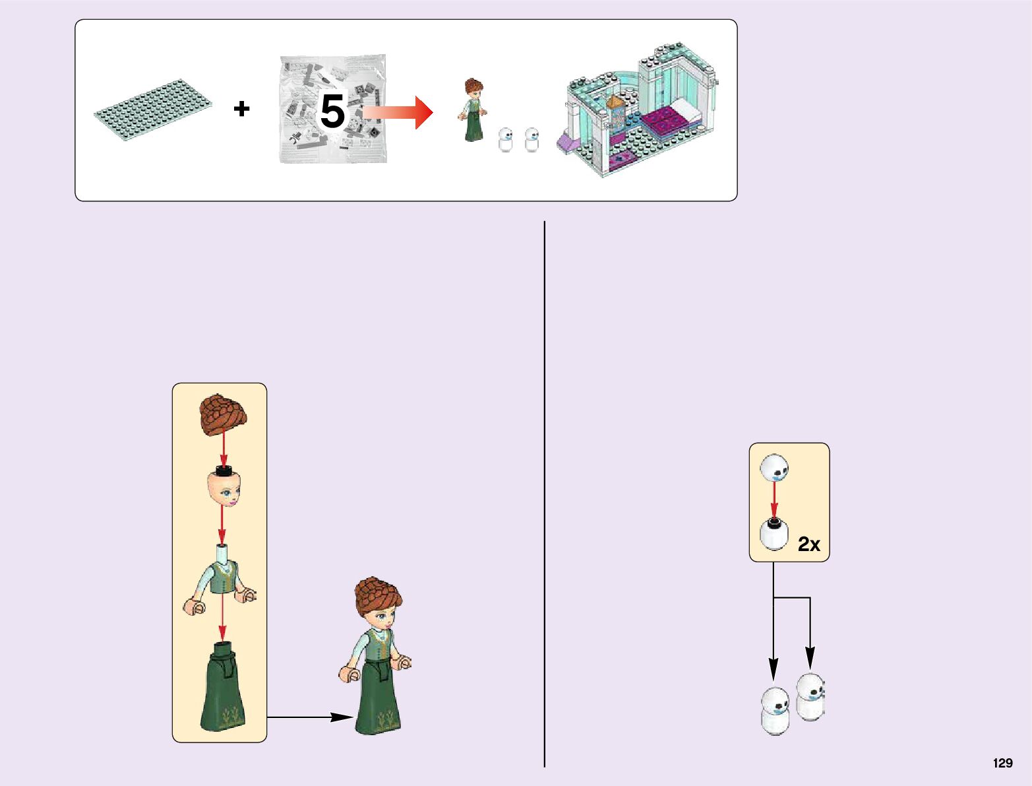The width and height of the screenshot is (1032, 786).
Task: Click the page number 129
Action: [1002, 763]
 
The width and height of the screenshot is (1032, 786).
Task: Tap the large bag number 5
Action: [332, 111]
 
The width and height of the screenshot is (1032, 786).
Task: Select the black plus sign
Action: [241, 108]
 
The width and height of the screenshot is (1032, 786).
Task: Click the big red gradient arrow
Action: [399, 112]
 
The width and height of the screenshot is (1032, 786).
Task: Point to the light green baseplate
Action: [152, 108]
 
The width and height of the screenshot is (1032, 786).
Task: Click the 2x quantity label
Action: [808, 544]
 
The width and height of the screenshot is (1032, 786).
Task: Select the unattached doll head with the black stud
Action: [225, 486]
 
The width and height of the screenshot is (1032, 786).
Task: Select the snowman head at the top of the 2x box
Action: [774, 467]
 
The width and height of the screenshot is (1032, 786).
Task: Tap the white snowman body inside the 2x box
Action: [774, 535]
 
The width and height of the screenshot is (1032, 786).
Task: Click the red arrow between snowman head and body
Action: [774, 499]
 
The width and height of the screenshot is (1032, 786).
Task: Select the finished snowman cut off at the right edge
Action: [810, 696]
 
